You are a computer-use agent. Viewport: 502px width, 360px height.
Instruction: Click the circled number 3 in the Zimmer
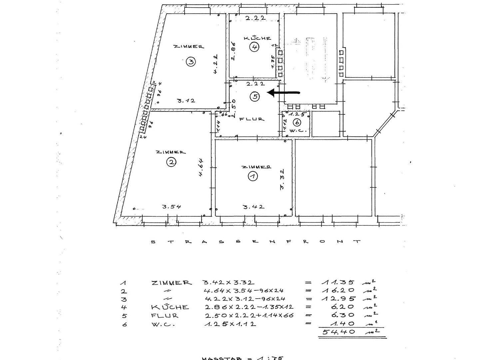point(191,62)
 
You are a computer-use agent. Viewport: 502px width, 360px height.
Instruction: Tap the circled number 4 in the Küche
point(254,47)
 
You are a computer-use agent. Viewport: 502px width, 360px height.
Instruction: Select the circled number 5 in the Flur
point(255,96)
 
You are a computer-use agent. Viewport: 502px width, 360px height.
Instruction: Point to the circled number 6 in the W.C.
point(296,122)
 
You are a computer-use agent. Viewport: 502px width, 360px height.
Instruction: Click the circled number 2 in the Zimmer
point(171,162)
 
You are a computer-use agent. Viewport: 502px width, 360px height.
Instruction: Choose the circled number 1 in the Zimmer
point(253,176)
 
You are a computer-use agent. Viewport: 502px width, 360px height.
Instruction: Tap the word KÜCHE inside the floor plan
point(257,38)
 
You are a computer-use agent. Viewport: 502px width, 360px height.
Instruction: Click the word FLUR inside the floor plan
point(251,119)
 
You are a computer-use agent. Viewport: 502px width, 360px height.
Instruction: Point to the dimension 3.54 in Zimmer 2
point(172,206)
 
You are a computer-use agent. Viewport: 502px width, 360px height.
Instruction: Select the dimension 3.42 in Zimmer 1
point(253,207)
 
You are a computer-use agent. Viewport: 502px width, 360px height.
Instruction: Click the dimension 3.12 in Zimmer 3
point(186,101)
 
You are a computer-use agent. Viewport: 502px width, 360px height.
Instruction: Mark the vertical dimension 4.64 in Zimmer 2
point(201,167)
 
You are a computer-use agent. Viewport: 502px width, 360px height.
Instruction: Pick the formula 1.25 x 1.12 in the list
point(230,324)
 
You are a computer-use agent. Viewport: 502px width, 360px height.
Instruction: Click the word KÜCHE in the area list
point(170,307)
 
